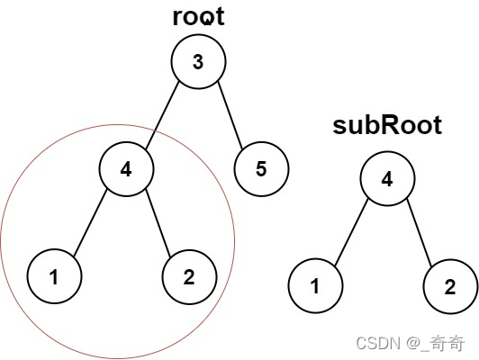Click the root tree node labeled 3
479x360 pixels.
click(198, 62)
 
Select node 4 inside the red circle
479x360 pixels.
click(126, 169)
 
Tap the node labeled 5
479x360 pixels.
click(261, 169)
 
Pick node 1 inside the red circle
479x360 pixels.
click(54, 276)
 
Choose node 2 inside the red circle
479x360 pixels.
click(189, 277)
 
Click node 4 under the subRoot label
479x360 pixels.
click(387, 178)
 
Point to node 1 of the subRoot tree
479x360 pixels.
click(315, 286)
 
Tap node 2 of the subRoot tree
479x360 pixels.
click(450, 286)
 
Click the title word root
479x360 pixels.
click(199, 17)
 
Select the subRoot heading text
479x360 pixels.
click(387, 125)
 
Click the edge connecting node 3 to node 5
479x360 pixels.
click(230, 116)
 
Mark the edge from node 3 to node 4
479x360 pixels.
click(162, 116)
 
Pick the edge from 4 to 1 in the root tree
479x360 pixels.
click(90, 223)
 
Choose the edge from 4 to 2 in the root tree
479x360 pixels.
click(158, 222)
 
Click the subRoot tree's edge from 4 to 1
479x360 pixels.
click(351, 232)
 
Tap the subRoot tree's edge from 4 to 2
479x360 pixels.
click(420, 233)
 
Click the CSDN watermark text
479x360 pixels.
click(378, 343)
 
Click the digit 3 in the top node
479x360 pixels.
click(198, 62)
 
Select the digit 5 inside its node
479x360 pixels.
click(261, 169)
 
